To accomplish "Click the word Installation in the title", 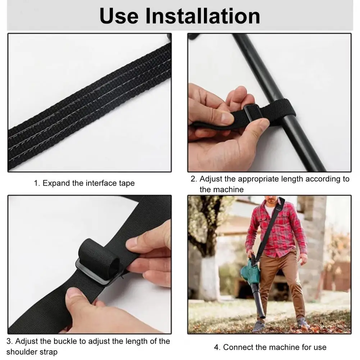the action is pos(203,16).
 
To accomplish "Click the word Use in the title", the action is pos(119,16).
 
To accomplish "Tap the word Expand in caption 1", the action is pos(56,183).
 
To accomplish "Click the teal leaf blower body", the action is pos(250,272).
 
